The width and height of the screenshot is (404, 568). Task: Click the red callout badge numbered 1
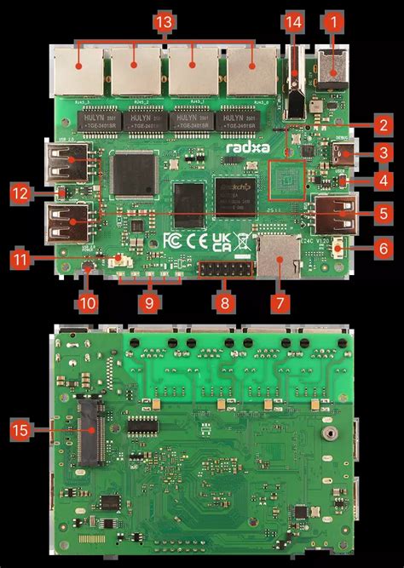[x=334, y=18]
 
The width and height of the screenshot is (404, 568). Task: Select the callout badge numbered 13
[x=164, y=18]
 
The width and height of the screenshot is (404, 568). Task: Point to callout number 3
[x=384, y=153]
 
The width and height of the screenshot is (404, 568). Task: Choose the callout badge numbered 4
[x=384, y=181]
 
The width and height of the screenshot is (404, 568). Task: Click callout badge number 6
[x=384, y=249]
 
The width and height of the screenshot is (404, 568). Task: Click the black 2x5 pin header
[x=219, y=272]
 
